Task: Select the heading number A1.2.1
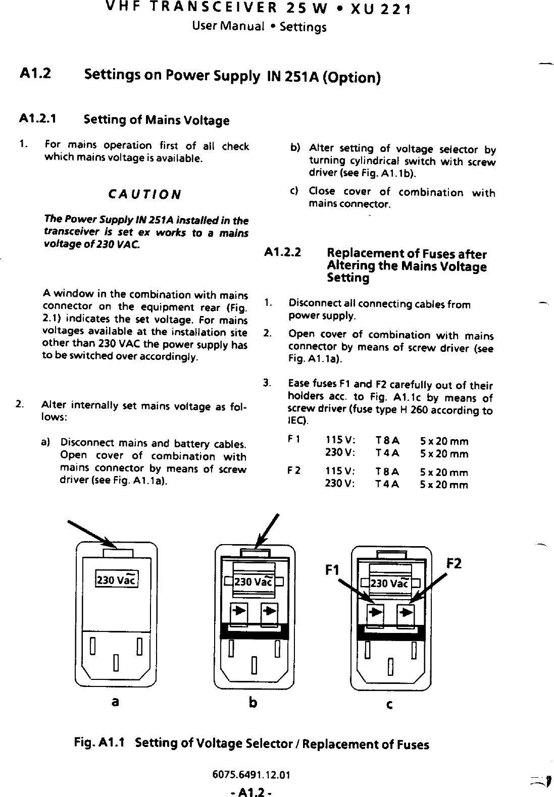[38, 119]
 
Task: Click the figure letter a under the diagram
[116, 701]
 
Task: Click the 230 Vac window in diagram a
[117, 579]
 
